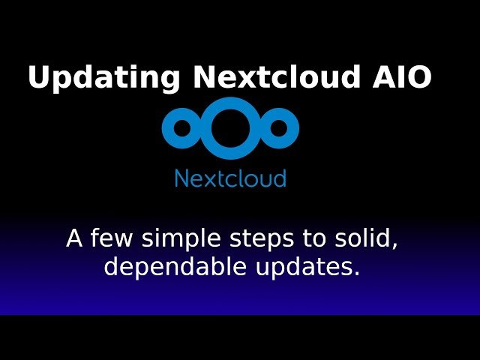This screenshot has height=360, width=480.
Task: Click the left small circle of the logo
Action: tap(180, 128)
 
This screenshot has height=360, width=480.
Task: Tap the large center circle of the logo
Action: tap(230, 125)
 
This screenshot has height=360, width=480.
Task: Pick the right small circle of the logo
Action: tap(280, 128)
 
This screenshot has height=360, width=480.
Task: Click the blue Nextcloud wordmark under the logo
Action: tap(230, 178)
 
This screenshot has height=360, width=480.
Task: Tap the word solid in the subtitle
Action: tap(364, 239)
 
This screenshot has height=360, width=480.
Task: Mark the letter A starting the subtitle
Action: tap(74, 239)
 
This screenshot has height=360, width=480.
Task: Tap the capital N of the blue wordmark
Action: tap(181, 178)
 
